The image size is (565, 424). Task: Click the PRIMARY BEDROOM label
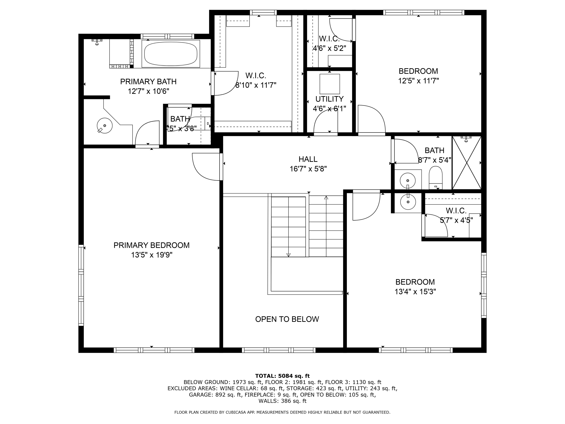coord(151,245)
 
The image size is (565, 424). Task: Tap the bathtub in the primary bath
coord(171,54)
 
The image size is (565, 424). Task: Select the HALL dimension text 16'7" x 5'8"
coord(308,169)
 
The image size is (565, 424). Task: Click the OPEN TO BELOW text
coord(287,319)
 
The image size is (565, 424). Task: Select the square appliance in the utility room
coord(330,84)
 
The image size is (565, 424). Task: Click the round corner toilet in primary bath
coord(105,126)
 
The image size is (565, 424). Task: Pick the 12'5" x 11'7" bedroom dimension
coord(418,81)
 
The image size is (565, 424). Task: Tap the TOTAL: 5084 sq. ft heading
coord(282,376)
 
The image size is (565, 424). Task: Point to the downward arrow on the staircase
coord(288,255)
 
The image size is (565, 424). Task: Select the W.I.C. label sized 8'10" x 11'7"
coord(256,76)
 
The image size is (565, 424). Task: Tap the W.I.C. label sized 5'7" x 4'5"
coord(456,211)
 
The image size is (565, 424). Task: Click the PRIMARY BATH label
coord(148,82)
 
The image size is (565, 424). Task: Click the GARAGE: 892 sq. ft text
coord(215,395)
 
